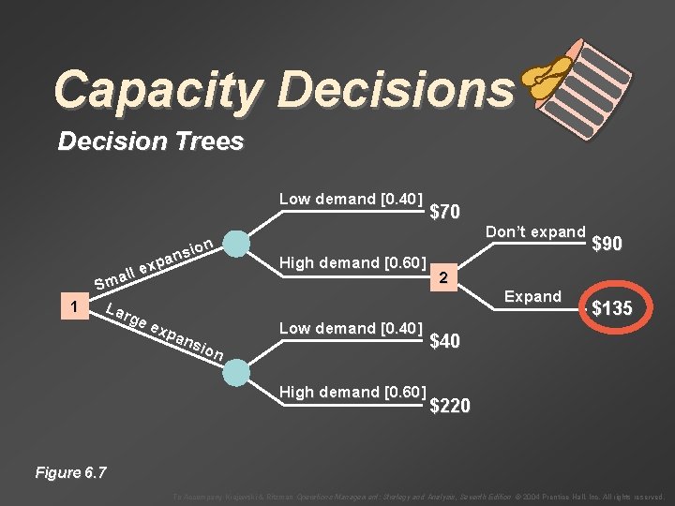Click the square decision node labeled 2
coord(447,276)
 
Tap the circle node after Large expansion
coord(238,371)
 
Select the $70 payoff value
coord(444,213)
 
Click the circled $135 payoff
coord(610,308)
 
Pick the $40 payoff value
coord(444,342)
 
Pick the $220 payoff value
coord(450,406)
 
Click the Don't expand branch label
coord(535,231)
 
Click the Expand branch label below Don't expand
coord(532,296)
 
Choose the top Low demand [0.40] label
coord(352,199)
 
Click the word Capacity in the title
coord(159,90)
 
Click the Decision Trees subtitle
coord(150,142)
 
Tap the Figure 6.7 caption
coord(70,472)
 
